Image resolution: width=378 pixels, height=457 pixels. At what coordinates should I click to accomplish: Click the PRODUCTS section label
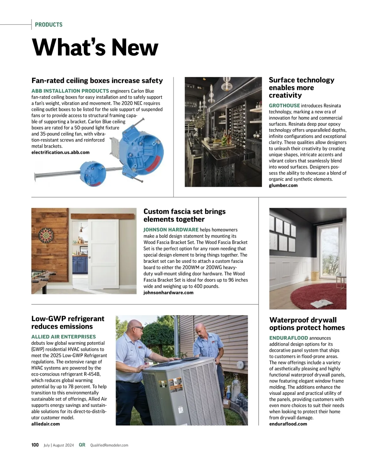[49, 25]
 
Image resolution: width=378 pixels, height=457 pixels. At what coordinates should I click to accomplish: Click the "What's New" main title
[95, 47]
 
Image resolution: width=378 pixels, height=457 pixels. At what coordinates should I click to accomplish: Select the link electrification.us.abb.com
[60, 153]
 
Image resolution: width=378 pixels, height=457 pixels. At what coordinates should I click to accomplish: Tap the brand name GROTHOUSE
[284, 106]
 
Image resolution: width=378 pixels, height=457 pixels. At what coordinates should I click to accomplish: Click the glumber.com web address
[283, 185]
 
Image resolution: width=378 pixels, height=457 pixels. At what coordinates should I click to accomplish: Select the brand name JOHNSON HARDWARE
[171, 230]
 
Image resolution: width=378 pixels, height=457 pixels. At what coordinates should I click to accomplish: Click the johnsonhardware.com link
[168, 292]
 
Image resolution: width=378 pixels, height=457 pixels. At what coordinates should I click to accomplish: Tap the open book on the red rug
[321, 303]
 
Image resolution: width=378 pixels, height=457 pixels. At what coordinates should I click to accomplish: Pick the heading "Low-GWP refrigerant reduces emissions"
[68, 322]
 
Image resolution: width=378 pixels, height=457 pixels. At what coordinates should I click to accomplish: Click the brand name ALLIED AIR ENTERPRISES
[63, 337]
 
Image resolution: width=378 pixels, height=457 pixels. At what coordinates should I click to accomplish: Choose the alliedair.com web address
[45, 424]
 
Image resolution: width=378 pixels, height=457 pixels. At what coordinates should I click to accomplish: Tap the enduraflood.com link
[288, 424]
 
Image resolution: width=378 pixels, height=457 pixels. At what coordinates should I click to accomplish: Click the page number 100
[35, 445]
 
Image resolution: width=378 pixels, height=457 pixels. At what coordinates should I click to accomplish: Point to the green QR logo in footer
[82, 445]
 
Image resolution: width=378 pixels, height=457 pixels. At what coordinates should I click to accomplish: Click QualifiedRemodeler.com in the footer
[109, 445]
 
